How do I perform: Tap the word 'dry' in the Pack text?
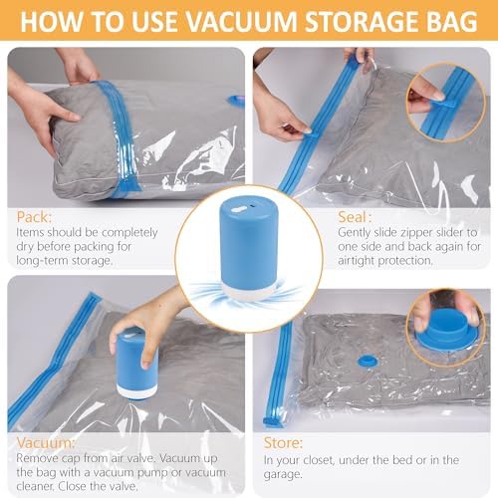[30, 245]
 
